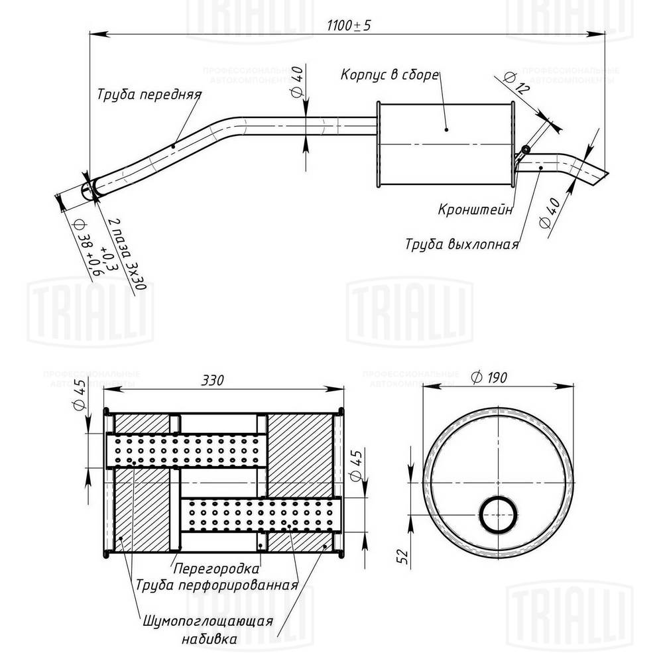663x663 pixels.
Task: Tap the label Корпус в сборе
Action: [x=390, y=74]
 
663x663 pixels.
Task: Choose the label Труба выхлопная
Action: [x=461, y=243]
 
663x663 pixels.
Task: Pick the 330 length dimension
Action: [x=212, y=380]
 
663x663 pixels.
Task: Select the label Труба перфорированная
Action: [x=215, y=585]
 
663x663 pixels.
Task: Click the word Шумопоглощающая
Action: [x=208, y=622]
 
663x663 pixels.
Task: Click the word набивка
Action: [x=208, y=640]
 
